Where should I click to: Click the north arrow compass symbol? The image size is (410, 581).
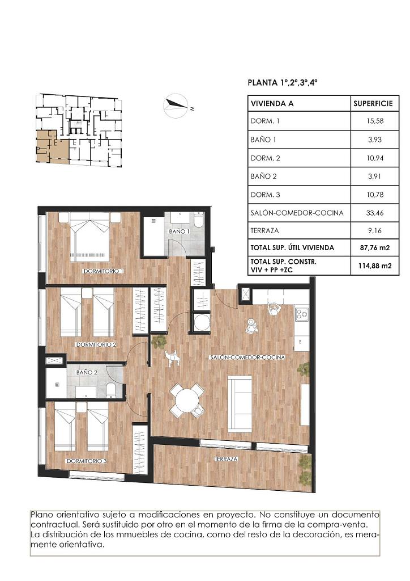point(176,106)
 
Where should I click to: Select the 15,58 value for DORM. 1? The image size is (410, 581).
point(375,121)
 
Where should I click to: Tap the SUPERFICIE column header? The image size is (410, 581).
point(373,103)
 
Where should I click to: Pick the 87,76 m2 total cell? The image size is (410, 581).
point(375,247)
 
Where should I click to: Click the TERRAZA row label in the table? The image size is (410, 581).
point(264,230)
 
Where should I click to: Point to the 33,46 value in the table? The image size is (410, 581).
point(375,213)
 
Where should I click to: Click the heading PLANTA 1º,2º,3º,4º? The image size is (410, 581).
point(283,82)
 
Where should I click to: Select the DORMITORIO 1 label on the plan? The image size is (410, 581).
point(103,271)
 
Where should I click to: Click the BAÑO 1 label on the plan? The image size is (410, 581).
point(180,231)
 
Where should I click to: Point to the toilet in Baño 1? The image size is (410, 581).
point(198,220)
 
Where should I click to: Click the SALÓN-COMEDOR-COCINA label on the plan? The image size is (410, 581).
point(247,357)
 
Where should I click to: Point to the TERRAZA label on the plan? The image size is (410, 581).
point(227,459)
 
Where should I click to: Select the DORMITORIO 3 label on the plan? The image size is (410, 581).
point(87,461)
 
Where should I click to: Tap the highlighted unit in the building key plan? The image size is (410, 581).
point(52,147)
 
